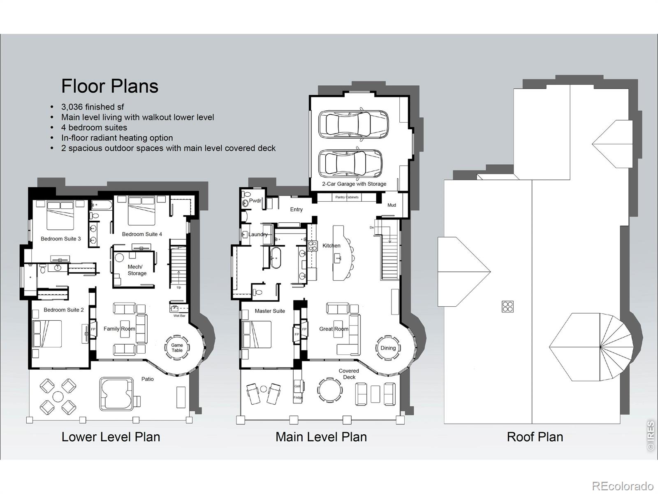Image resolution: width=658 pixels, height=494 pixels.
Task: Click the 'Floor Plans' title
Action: [110, 86]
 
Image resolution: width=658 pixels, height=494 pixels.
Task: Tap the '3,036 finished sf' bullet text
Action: [93, 107]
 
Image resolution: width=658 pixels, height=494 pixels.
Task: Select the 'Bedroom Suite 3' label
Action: [60, 239]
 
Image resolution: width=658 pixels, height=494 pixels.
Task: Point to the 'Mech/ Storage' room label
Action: [137, 270]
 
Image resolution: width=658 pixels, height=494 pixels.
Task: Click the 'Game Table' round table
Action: [177, 347]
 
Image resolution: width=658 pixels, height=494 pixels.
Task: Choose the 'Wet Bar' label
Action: [179, 315]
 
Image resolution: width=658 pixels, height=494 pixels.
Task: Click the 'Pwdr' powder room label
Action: [255, 200]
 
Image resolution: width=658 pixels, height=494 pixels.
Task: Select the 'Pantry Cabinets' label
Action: [347, 197]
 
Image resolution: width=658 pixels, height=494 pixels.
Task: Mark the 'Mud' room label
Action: [392, 205]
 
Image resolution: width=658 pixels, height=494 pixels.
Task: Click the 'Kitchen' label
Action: [331, 246]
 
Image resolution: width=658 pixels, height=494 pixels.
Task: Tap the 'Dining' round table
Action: [388, 348]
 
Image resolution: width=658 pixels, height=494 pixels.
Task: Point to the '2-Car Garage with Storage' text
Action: [354, 184]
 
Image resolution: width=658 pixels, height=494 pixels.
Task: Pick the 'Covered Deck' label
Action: [349, 374]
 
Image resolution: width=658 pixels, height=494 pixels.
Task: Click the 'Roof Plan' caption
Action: [535, 437]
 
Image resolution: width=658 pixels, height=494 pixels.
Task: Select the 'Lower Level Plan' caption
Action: [111, 437]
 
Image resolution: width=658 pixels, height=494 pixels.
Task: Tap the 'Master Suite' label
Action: [270, 311]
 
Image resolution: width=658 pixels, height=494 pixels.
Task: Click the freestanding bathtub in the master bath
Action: [275, 258]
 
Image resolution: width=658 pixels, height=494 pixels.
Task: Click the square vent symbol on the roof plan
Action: [507, 307]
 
